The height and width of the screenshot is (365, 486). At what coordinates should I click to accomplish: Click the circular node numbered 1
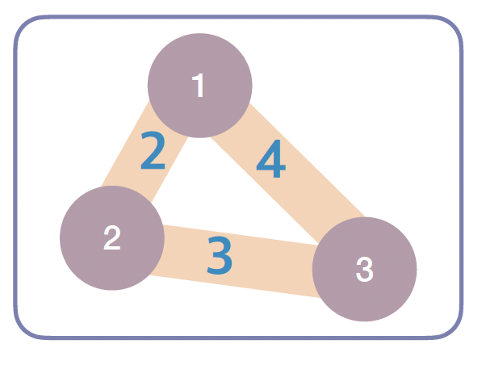click(200, 85)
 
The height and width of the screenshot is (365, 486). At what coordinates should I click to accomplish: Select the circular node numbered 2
click(112, 238)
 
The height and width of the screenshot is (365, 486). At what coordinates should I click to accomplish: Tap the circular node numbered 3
click(364, 269)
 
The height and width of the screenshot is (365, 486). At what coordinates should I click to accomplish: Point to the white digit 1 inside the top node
click(199, 86)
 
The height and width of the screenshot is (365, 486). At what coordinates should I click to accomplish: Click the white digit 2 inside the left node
click(112, 238)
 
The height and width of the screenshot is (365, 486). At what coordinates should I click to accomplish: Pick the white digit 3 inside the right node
click(364, 270)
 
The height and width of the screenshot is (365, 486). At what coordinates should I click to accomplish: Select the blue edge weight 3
click(219, 254)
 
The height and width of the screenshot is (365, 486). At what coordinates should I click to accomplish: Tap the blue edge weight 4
click(271, 162)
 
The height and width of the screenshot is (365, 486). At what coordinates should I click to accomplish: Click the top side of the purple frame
click(242, 17)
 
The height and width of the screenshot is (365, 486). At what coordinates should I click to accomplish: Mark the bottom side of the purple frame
click(242, 336)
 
